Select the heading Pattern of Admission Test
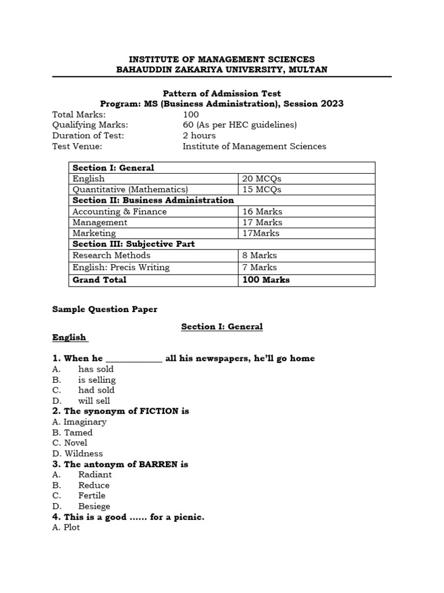pos(221,93)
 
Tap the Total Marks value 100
pos(191,115)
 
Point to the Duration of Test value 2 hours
pos(200,136)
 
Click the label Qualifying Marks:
pos(90,125)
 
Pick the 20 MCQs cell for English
pos(262,179)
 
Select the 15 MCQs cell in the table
pos(262,189)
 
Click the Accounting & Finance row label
pos(119,211)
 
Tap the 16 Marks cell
pos(262,211)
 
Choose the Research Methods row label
pos(111,255)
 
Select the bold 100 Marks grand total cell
pos(266,280)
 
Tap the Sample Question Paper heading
pos(105,309)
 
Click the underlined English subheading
pos(69,337)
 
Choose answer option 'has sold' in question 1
pos(96,369)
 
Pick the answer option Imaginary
pos(85,422)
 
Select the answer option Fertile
pos(92,496)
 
